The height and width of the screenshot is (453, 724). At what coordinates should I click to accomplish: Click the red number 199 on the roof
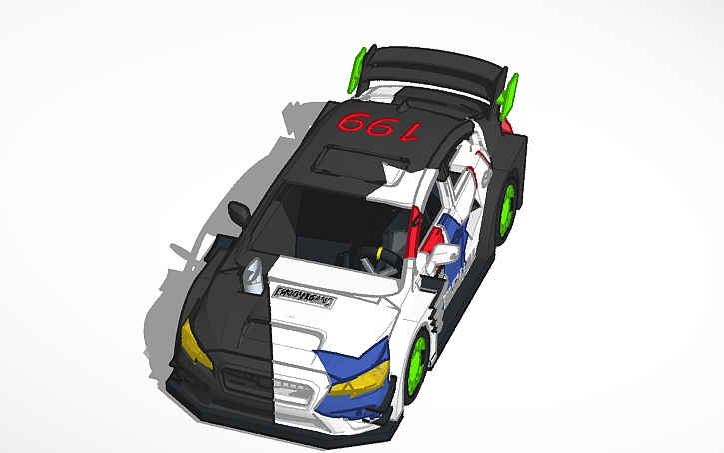point(380,127)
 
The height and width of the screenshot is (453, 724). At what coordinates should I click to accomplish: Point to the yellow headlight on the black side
point(196,344)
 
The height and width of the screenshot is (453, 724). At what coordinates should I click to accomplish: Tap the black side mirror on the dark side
point(240,213)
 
